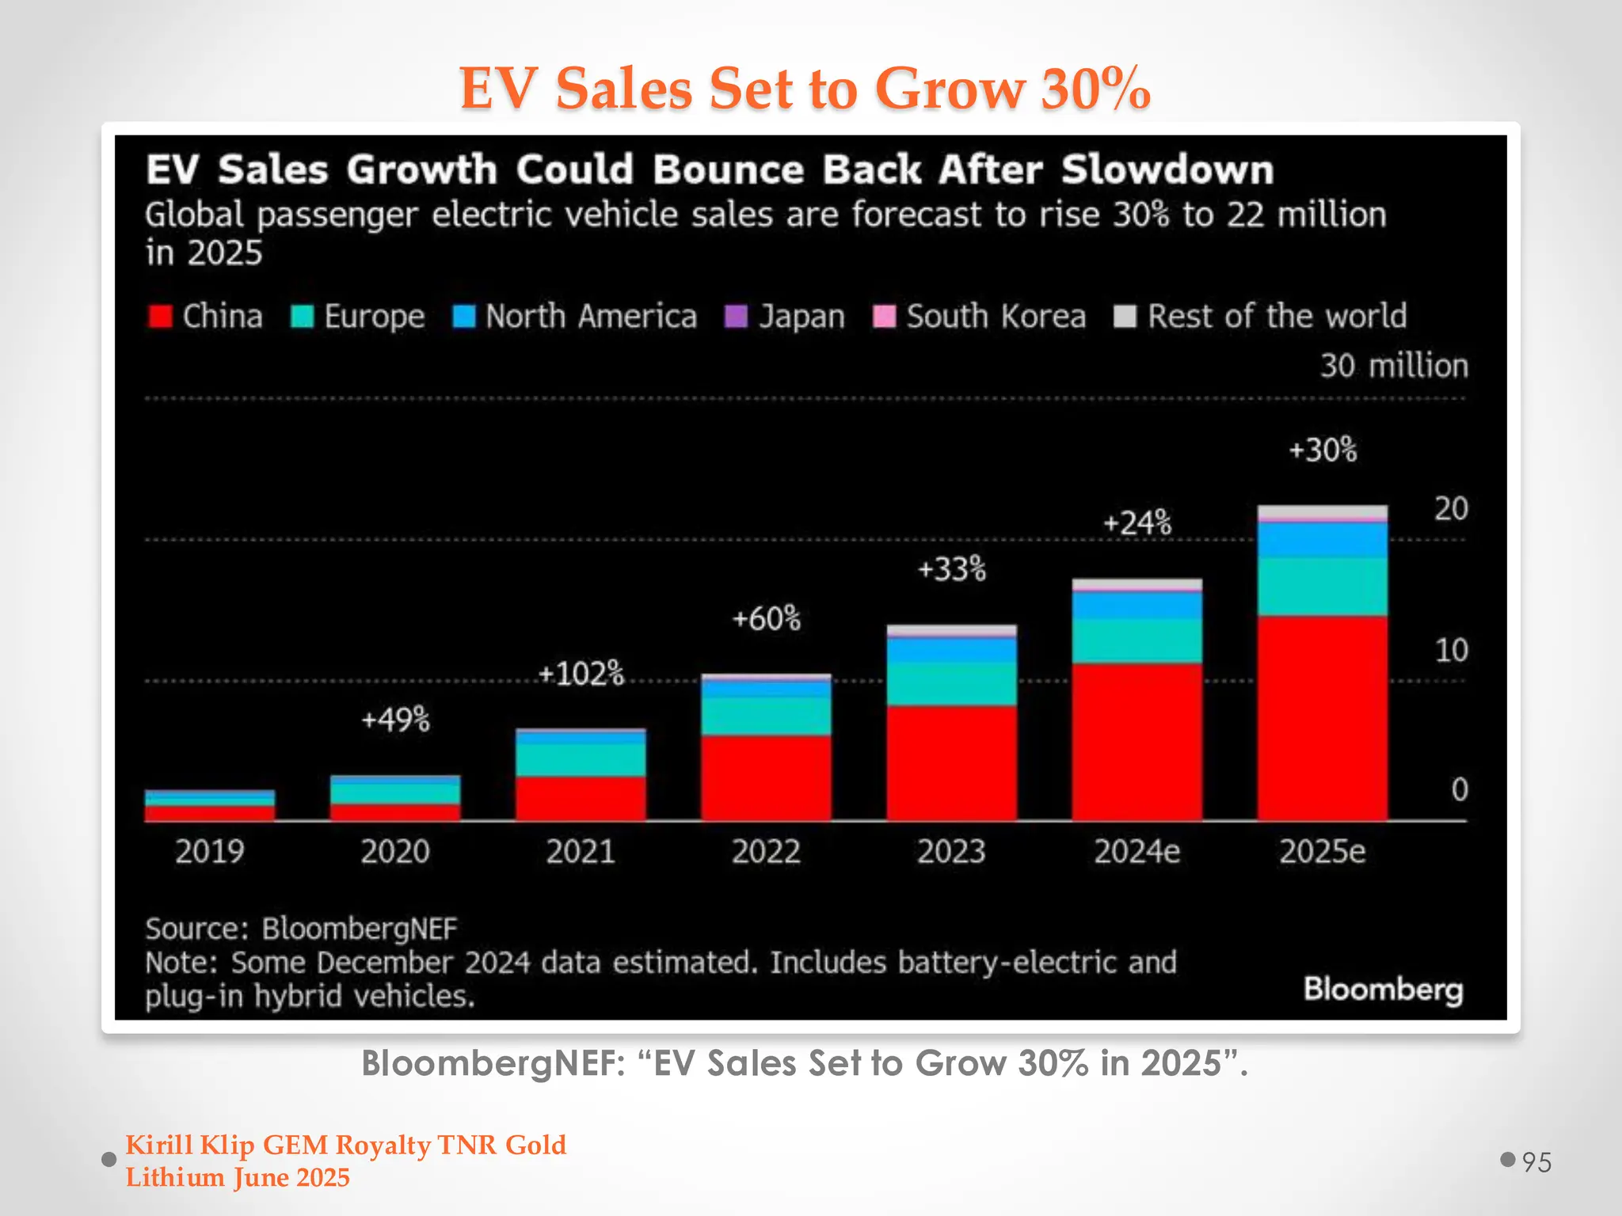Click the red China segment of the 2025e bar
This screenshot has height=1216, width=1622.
pyautogui.click(x=1322, y=716)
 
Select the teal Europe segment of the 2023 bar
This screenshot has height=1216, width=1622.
pyautogui.click(x=951, y=684)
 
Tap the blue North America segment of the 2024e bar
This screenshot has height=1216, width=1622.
pyautogui.click(x=1137, y=606)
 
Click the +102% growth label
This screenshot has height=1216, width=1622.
pyautogui.click(x=581, y=674)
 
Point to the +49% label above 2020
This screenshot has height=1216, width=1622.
pyautogui.click(x=395, y=720)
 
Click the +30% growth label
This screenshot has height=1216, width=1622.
pyautogui.click(x=1322, y=450)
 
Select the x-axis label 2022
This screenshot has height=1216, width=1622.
pyautogui.click(x=766, y=852)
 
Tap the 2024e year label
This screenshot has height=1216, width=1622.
pyautogui.click(x=1137, y=852)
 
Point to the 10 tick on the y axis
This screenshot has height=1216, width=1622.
pyautogui.click(x=1451, y=650)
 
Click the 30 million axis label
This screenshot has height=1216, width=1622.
pyautogui.click(x=1393, y=366)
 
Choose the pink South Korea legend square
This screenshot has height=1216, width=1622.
pyautogui.click(x=884, y=316)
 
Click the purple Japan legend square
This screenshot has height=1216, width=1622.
pyautogui.click(x=736, y=316)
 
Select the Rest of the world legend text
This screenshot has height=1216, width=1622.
pyautogui.click(x=1277, y=316)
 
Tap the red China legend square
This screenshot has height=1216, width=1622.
pyautogui.click(x=160, y=316)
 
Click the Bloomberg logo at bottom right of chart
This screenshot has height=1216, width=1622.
pyautogui.click(x=1383, y=990)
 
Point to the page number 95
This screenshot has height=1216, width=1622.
pyautogui.click(x=1536, y=1162)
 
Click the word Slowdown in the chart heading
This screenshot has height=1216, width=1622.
pyautogui.click(x=1167, y=169)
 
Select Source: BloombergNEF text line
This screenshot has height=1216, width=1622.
pyautogui.click(x=301, y=929)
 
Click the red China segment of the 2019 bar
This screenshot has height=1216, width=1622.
pyautogui.click(x=210, y=813)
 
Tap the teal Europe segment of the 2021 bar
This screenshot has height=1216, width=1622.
pyautogui.click(x=581, y=759)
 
